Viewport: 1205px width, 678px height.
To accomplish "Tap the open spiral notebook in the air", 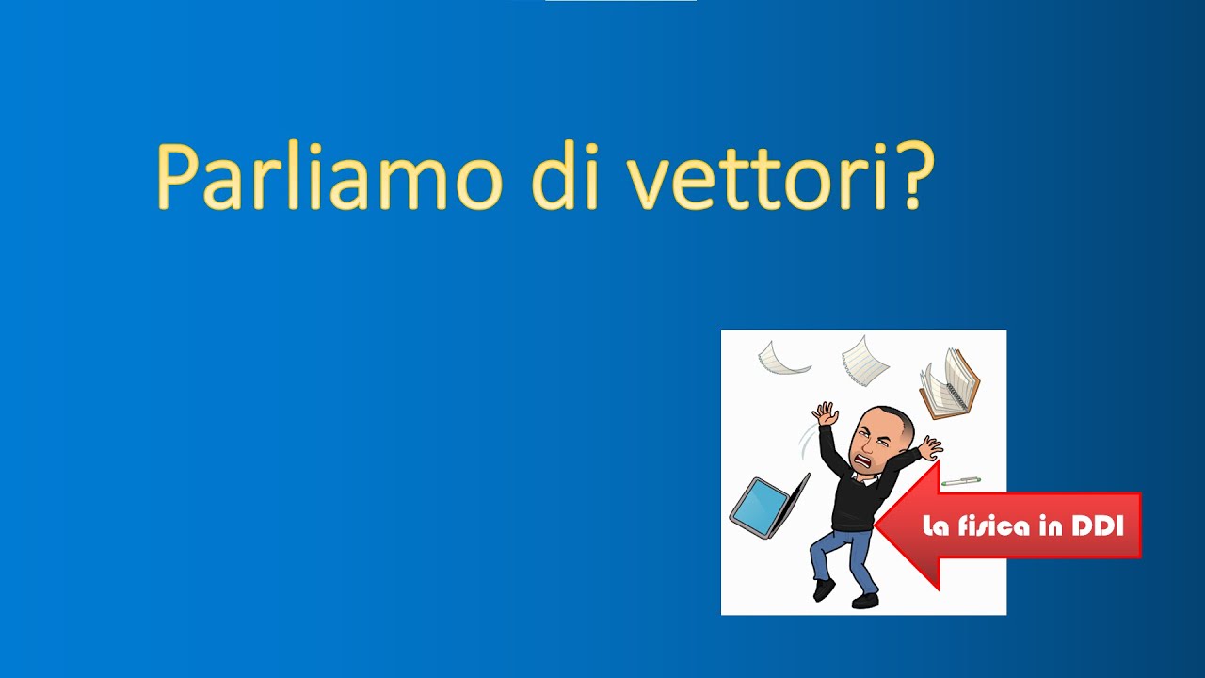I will click(x=949, y=383).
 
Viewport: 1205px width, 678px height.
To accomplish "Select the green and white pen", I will click(x=960, y=481).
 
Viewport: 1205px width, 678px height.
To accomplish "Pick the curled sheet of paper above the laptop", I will click(x=783, y=358).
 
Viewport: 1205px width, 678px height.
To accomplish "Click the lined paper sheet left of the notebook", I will click(x=865, y=360).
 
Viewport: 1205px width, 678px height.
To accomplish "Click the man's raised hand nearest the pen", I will click(x=930, y=448).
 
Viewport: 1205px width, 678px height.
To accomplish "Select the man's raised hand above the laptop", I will click(x=826, y=413).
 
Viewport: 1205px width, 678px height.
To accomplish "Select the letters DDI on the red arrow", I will click(x=1097, y=526).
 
